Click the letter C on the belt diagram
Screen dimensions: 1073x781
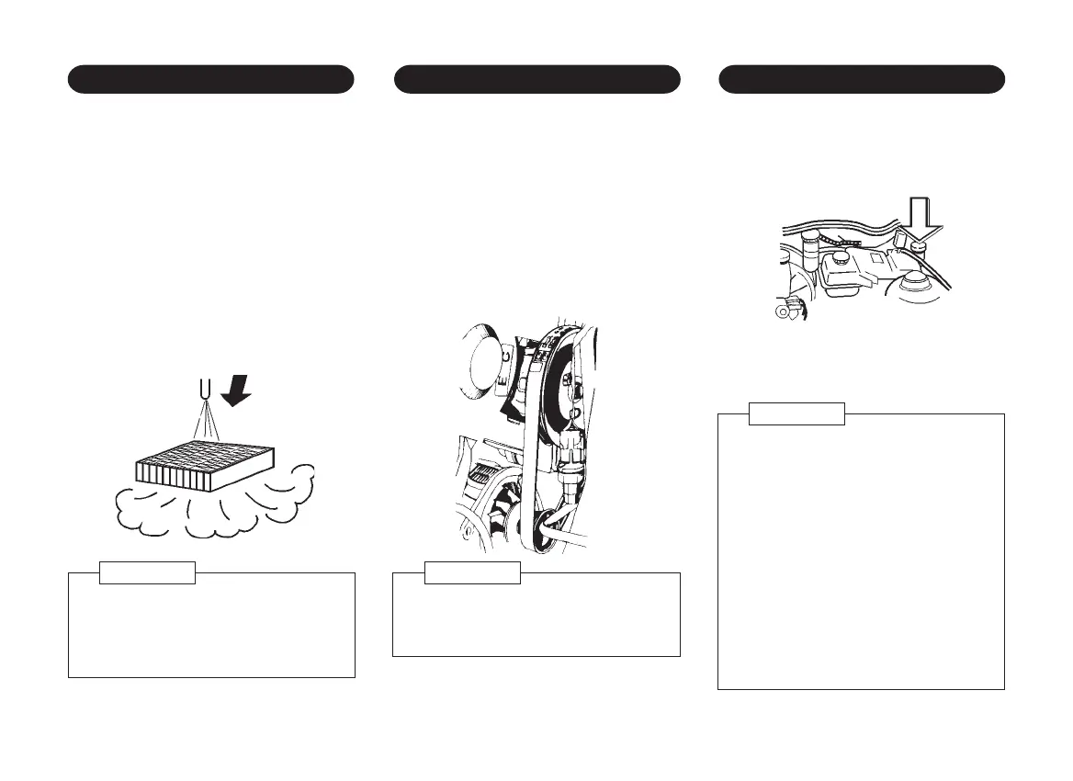pyautogui.click(x=504, y=354)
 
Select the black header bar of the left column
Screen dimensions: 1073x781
pyautogui.click(x=211, y=79)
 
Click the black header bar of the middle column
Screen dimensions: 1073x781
pyautogui.click(x=536, y=79)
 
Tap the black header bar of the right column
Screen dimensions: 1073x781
pyautogui.click(x=861, y=79)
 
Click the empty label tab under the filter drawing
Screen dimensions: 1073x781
pyautogui.click(x=147, y=572)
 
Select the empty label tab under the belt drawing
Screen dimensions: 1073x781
pyautogui.click(x=472, y=572)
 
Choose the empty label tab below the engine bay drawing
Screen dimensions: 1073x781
pyautogui.click(x=796, y=413)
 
